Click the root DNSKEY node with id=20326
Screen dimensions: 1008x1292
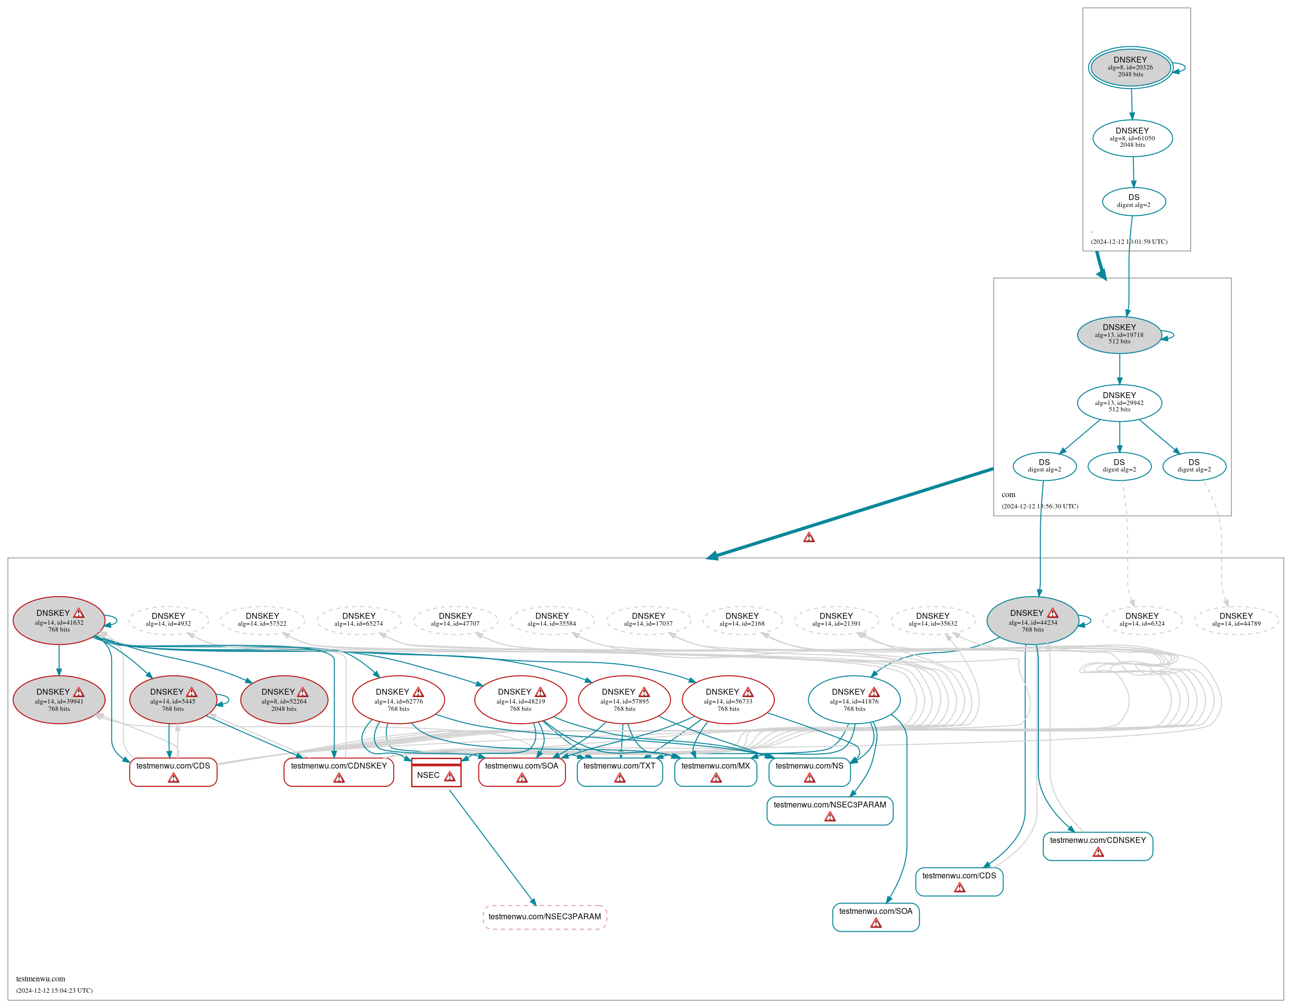click(1130, 67)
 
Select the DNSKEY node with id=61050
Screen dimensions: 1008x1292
click(1132, 138)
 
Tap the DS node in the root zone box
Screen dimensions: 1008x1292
click(1133, 201)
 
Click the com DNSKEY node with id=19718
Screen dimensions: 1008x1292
click(1119, 335)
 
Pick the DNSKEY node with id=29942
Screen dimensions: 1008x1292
click(1119, 403)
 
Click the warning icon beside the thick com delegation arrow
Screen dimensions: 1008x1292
click(809, 537)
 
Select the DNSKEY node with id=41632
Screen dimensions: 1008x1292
click(59, 621)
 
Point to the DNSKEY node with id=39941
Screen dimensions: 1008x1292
click(59, 700)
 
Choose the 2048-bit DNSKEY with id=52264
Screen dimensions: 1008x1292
click(284, 700)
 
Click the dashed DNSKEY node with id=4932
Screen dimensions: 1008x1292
click(168, 619)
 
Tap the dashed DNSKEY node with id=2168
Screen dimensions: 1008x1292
click(742, 619)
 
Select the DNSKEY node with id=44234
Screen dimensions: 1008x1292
click(1032, 621)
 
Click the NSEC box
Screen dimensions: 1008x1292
click(436, 774)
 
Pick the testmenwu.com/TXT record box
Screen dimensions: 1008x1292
click(619, 772)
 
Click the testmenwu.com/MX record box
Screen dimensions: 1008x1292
click(715, 772)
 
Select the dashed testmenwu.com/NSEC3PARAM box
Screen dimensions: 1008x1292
click(544, 917)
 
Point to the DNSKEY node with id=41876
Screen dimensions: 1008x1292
click(854, 700)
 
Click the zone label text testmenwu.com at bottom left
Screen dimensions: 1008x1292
click(41, 979)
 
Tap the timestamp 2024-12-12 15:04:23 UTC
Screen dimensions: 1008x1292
click(54, 990)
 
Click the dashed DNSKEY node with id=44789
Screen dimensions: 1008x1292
click(1236, 619)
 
